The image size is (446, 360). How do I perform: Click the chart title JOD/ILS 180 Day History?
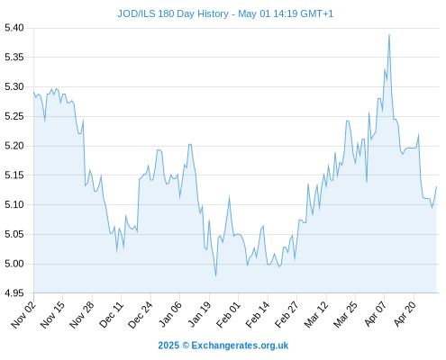pos(173,13)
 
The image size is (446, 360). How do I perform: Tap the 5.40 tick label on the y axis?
pos(14,28)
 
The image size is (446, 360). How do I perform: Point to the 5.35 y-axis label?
pos(14,57)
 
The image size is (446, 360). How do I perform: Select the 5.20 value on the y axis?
pos(14,146)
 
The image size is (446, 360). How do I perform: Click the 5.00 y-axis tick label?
pos(14,264)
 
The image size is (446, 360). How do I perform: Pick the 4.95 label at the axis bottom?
pos(14,293)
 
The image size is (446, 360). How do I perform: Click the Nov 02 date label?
pos(23,315)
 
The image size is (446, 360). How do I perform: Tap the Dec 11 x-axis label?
pos(112,315)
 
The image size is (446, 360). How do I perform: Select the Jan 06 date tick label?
pos(170,315)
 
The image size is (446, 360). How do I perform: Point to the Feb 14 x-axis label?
pos(258,315)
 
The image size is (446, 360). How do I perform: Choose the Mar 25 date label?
pos(346,315)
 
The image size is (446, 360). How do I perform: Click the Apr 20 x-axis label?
pos(405,314)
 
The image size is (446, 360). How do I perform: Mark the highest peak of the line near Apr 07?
pos(389,34)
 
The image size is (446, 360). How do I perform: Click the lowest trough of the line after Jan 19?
pos(215,275)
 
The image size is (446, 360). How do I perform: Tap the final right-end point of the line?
pos(436,186)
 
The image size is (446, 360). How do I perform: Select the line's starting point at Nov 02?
pos(33,92)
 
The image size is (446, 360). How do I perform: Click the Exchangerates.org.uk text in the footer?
pos(240,346)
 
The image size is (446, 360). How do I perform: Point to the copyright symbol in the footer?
pos(186,346)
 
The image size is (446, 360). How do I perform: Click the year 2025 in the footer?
pos(168,346)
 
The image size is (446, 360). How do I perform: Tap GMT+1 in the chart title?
pos(316,13)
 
